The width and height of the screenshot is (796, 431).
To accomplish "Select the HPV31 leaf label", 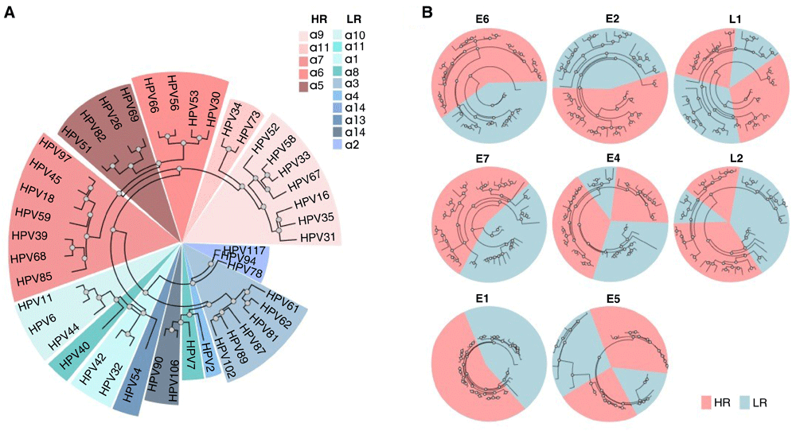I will (317, 236).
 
